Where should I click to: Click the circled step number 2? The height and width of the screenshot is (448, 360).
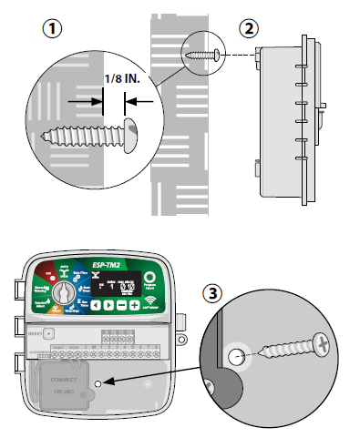pyautogui.click(x=247, y=27)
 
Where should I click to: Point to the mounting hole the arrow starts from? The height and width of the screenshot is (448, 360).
pyautogui.click(x=98, y=384)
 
